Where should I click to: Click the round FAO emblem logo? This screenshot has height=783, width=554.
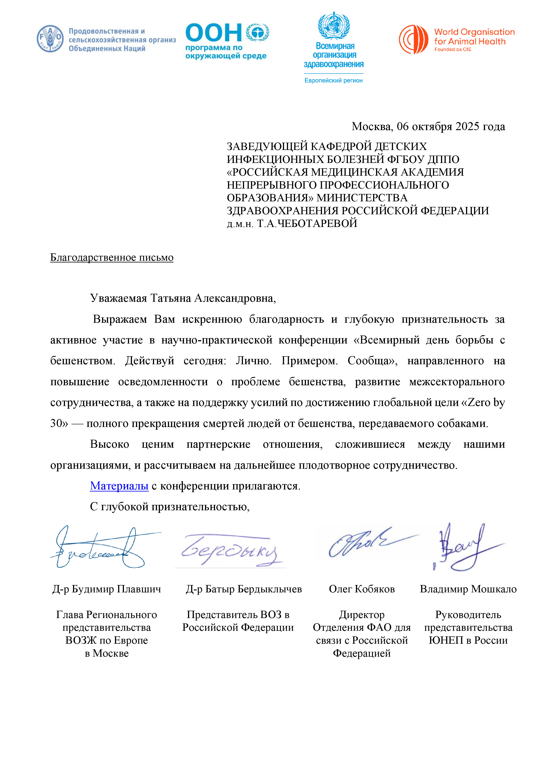[x=50, y=39]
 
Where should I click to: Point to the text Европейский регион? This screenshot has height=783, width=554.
[x=333, y=81]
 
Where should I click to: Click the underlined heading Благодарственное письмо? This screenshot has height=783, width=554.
[x=112, y=258]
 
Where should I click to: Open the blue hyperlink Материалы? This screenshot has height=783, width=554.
[x=119, y=486]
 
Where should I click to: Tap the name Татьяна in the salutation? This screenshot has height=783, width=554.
[x=171, y=298]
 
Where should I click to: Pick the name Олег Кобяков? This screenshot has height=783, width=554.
[x=362, y=589]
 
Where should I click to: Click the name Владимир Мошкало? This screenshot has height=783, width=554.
[x=468, y=589]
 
